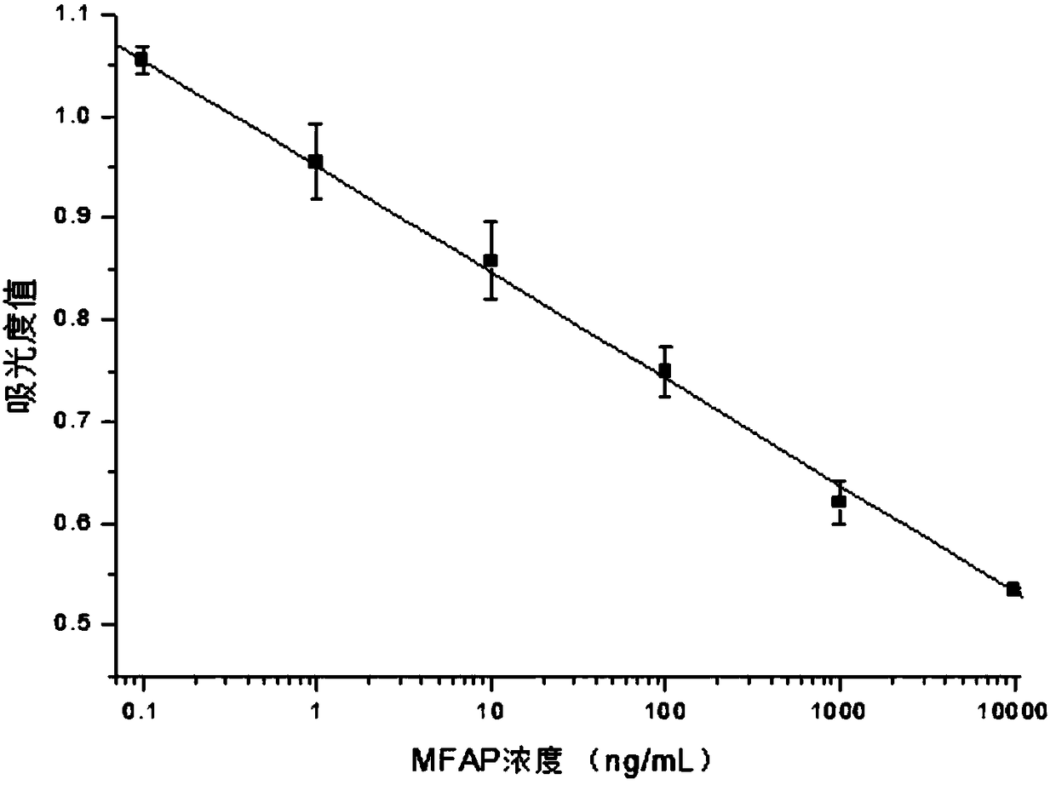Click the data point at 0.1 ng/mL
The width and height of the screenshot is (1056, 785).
click(x=141, y=59)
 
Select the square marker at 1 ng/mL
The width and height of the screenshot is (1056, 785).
click(x=316, y=161)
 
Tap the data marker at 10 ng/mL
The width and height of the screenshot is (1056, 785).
click(x=491, y=260)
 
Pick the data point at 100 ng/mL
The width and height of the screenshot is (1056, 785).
click(x=665, y=370)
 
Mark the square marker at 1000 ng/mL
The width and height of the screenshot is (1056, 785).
click(x=839, y=501)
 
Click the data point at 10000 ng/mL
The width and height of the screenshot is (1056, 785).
click(x=1013, y=589)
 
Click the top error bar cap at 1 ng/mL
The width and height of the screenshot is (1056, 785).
click(x=316, y=123)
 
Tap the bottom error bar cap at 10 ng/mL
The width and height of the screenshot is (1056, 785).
click(x=491, y=299)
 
